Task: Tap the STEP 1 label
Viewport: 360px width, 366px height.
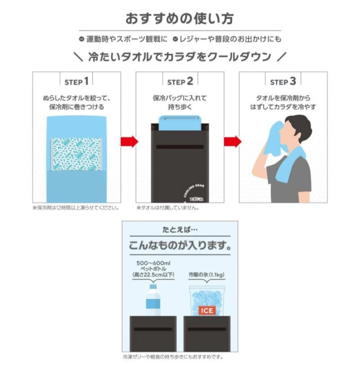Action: tap(76, 82)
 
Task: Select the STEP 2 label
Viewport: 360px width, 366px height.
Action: tap(180, 82)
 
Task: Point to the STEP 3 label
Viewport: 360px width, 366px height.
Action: tap(283, 82)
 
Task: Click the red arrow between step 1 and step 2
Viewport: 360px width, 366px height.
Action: tap(129, 142)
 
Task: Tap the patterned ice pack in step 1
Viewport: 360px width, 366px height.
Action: tap(77, 154)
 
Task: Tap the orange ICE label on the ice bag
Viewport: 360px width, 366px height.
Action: tap(207, 311)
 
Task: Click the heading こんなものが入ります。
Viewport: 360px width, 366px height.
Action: tap(180, 246)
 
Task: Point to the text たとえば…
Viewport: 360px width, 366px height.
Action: tap(180, 229)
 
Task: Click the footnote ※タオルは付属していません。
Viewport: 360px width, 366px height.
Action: tap(167, 208)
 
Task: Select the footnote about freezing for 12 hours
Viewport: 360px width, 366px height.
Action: tap(76, 208)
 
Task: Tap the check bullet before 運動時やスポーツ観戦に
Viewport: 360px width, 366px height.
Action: tap(82, 39)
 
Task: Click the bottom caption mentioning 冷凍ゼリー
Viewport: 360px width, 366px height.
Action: tap(173, 357)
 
